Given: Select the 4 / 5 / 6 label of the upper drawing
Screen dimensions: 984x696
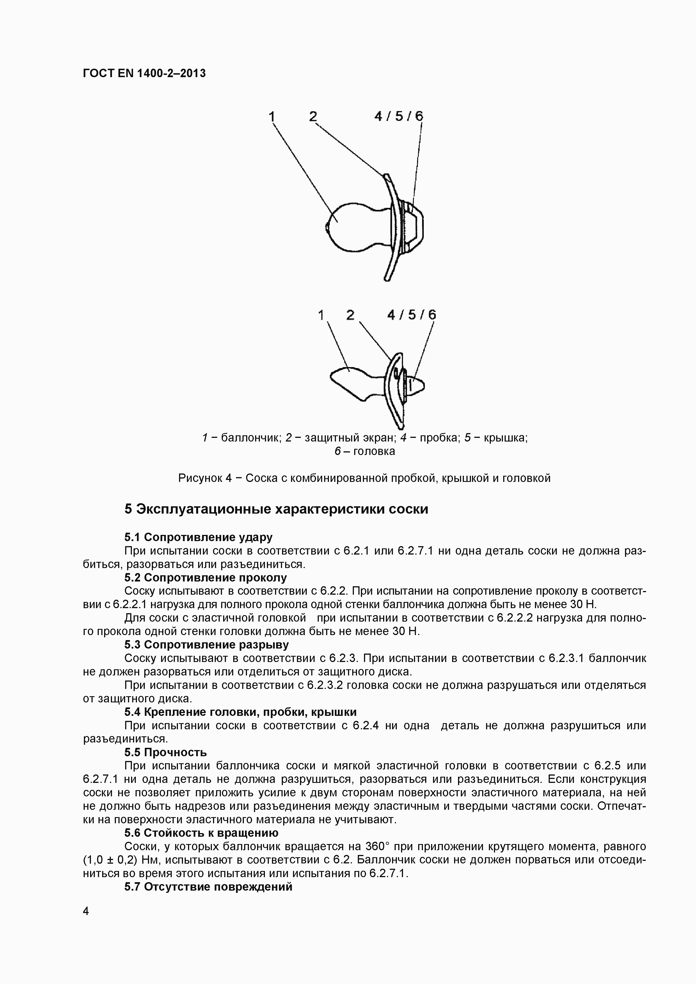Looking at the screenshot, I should pyautogui.click(x=399, y=116).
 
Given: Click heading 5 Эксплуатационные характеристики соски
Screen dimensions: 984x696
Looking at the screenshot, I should pyautogui.click(x=276, y=509).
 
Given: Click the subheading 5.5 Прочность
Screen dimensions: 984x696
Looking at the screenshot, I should pyautogui.click(x=166, y=752).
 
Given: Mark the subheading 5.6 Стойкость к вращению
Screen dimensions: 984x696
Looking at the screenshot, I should pyautogui.click(x=201, y=833).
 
